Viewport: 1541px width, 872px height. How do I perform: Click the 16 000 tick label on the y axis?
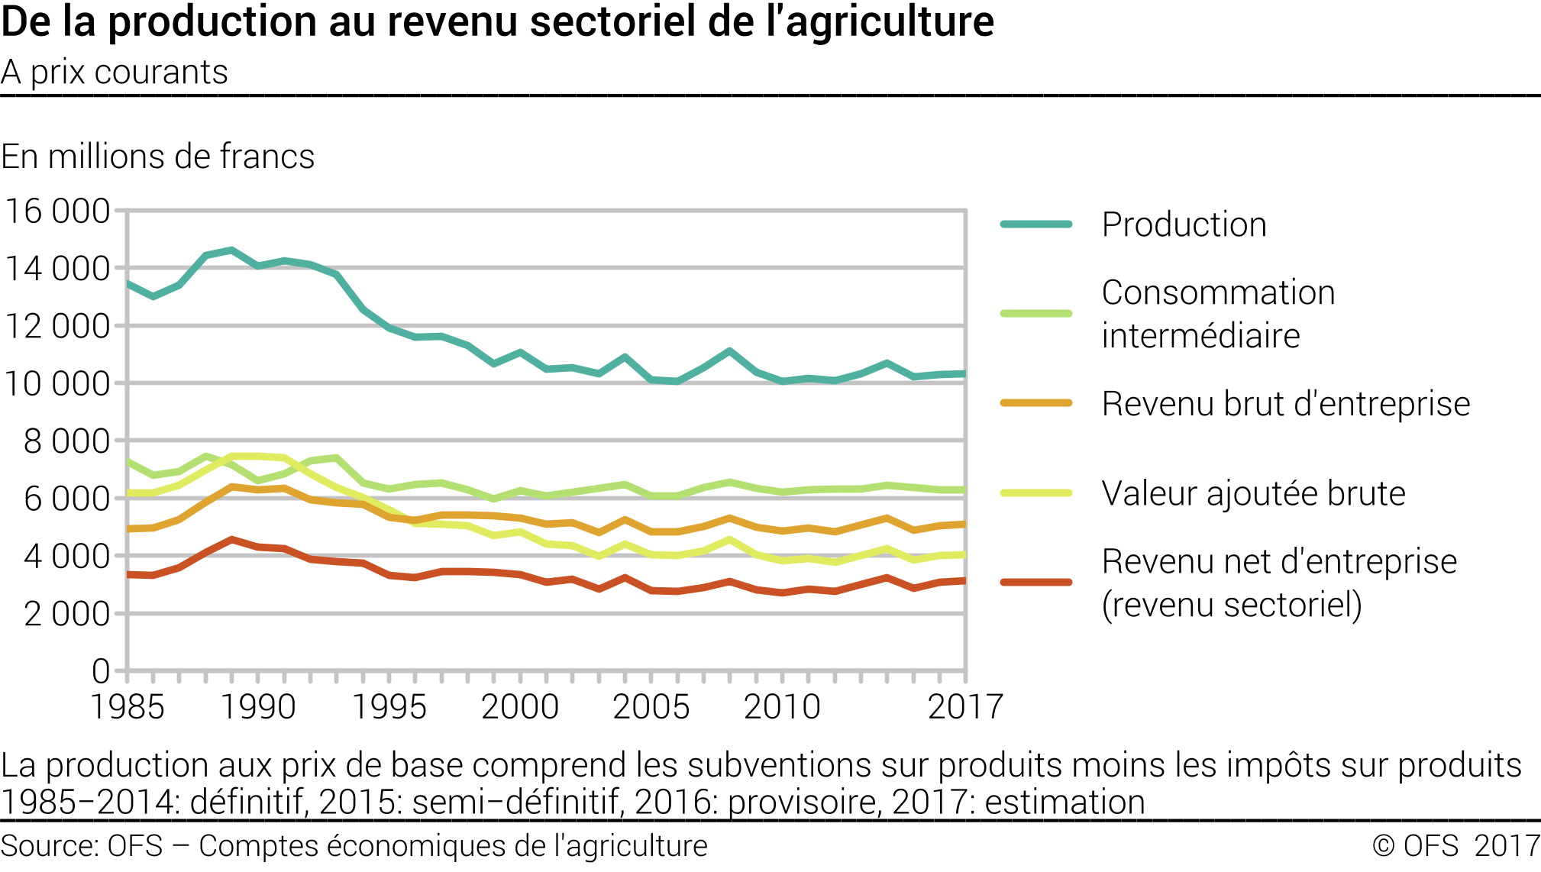57,212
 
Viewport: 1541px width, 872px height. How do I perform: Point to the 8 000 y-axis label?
66,441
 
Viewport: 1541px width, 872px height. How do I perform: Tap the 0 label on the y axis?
101,672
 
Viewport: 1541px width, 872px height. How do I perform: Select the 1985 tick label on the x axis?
128,707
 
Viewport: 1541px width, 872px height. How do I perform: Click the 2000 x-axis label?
520,707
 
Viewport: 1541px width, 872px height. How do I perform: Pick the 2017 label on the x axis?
964,707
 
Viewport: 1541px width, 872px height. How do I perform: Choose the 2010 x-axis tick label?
782,707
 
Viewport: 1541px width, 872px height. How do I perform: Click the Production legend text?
1184,224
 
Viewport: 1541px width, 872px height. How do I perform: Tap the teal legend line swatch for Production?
1036,224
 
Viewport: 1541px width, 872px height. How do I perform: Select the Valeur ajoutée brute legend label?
1253,493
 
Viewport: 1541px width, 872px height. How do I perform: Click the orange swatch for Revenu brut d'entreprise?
1036,403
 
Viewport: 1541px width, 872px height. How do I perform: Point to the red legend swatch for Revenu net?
1036,583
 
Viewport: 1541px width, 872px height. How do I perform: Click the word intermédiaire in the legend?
1200,336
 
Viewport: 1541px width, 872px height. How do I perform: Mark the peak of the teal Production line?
231,250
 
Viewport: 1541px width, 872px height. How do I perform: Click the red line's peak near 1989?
231,540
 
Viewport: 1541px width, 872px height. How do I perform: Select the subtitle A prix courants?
115,73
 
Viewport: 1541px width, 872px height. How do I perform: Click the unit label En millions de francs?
157,157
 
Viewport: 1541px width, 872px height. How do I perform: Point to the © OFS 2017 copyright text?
1455,846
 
